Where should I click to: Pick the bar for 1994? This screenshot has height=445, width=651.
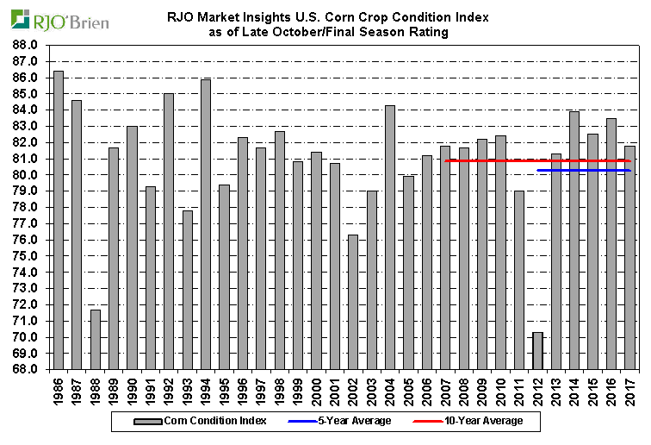(x=206, y=224)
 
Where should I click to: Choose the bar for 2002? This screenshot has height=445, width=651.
(x=353, y=302)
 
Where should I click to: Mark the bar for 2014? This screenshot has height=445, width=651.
(x=574, y=241)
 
